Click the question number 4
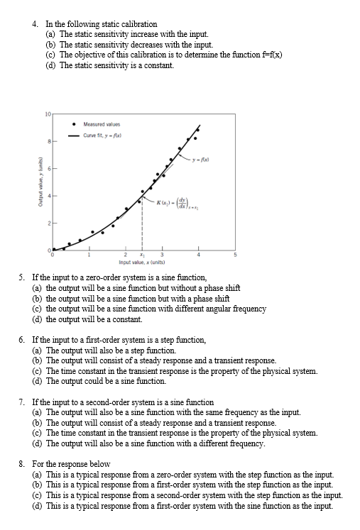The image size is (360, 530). [x=36, y=24]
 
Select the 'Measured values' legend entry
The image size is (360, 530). [x=100, y=122]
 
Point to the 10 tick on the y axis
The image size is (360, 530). [x=47, y=114]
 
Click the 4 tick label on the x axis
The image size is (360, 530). [x=199, y=255]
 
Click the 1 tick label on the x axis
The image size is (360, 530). [x=89, y=255]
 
